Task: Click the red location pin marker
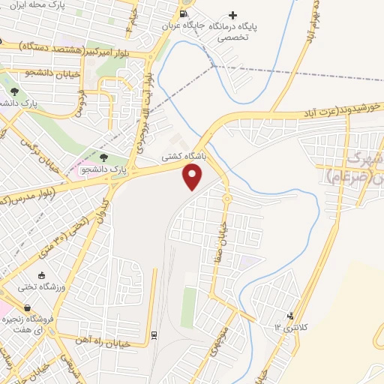(x=193, y=177)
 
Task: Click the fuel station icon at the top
(x=184, y=13)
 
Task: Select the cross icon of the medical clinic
(x=233, y=15)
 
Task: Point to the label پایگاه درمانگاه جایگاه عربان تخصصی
(x=211, y=30)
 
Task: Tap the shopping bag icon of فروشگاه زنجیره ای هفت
(x=27, y=307)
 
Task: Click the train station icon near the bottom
(x=154, y=334)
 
